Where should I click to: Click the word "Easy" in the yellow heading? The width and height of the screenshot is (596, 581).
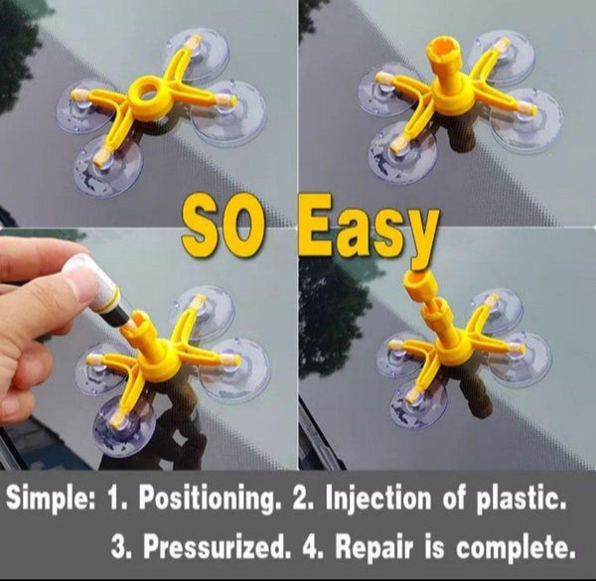point(368,230)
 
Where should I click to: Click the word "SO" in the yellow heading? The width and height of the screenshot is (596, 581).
point(222,226)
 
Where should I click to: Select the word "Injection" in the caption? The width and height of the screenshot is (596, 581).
point(377,498)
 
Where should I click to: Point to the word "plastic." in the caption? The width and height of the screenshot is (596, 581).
point(521,498)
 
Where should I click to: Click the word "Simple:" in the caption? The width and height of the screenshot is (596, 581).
point(50,499)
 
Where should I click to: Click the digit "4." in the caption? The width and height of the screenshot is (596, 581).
point(313,547)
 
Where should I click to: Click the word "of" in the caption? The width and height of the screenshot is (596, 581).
point(454,498)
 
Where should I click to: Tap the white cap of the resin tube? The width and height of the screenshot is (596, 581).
point(90,273)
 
